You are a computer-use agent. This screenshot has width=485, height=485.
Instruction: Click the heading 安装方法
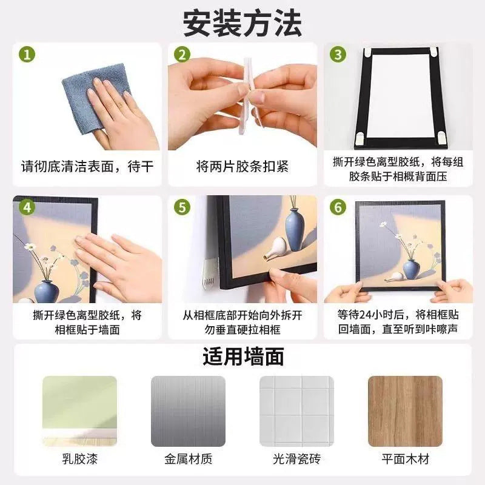pos(242,23)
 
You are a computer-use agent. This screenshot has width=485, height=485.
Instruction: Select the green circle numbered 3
pos(338,55)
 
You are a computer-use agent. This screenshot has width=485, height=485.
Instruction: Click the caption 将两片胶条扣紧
pos(242,166)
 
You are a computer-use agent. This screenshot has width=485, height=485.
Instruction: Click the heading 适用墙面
pos(242,356)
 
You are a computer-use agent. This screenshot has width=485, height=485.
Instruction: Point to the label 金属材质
pos(188,459)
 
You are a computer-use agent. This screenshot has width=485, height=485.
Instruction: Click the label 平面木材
pos(405,459)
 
